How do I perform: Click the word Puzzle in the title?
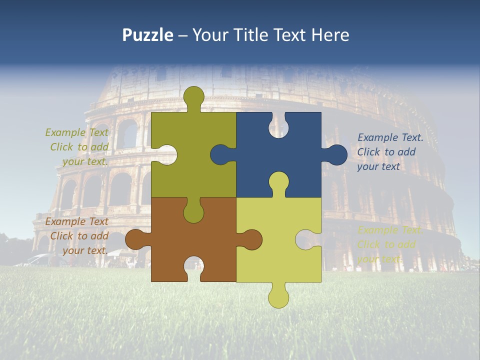pyautogui.click(x=147, y=35)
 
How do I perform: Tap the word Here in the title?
pyautogui.click(x=330, y=35)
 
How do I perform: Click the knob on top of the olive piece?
pyautogui.click(x=193, y=96)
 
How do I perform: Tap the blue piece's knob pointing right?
pyautogui.click(x=337, y=154)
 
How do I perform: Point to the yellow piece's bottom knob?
pyautogui.click(x=278, y=298)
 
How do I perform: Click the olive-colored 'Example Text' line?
pyautogui.click(x=76, y=132)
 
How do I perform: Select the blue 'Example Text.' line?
pyautogui.click(x=390, y=137)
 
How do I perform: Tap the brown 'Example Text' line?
pyautogui.click(x=76, y=221)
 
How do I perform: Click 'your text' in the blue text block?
pyautogui.click(x=378, y=166)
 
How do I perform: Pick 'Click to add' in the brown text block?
pyautogui.click(x=79, y=236)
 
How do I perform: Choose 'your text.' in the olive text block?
pyautogui.click(x=85, y=161)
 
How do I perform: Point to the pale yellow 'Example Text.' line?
pyautogui.click(x=390, y=230)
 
